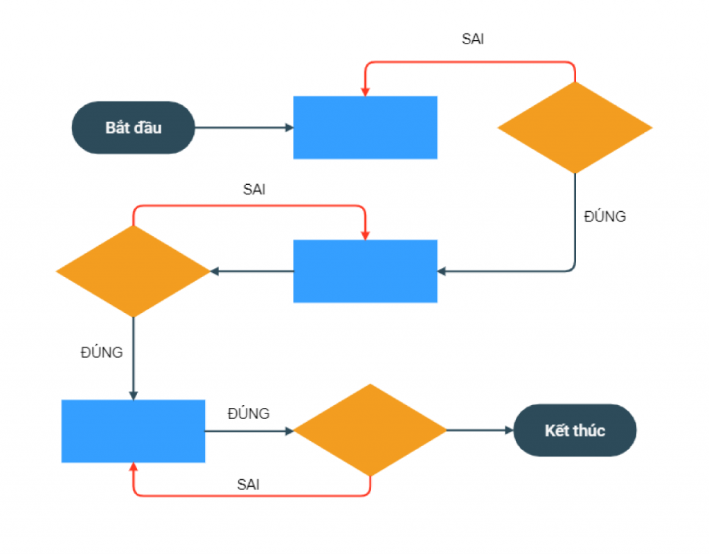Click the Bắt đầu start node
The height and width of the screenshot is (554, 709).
(x=134, y=127)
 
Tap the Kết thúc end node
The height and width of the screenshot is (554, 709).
(x=575, y=430)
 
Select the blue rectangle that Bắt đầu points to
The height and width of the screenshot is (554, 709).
(x=366, y=127)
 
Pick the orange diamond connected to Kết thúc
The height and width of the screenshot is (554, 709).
(x=370, y=430)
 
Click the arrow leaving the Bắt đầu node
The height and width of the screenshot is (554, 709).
(x=244, y=127)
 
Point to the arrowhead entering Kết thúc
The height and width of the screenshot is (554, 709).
(x=510, y=430)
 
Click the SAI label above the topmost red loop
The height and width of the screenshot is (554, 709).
(x=473, y=39)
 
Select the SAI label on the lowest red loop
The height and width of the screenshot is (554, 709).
(x=249, y=485)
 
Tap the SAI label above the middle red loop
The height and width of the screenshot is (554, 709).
(x=254, y=190)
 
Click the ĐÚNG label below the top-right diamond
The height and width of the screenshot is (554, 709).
(x=605, y=216)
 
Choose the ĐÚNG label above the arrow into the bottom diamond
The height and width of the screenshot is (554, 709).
(x=249, y=413)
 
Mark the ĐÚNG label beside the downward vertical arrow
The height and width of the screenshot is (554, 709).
(x=102, y=352)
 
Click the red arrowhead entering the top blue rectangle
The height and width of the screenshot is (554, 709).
(x=366, y=92)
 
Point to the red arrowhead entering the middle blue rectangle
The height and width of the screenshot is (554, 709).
(x=366, y=235)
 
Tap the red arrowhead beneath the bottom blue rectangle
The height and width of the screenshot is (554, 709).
(x=134, y=467)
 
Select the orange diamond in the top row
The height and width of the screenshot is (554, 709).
(x=575, y=127)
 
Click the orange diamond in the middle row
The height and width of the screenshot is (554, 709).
(x=134, y=271)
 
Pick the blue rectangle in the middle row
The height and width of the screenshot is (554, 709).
(x=366, y=271)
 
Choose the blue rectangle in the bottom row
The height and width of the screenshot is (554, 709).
(x=134, y=431)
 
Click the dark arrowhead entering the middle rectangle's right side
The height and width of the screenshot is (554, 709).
(x=442, y=271)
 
